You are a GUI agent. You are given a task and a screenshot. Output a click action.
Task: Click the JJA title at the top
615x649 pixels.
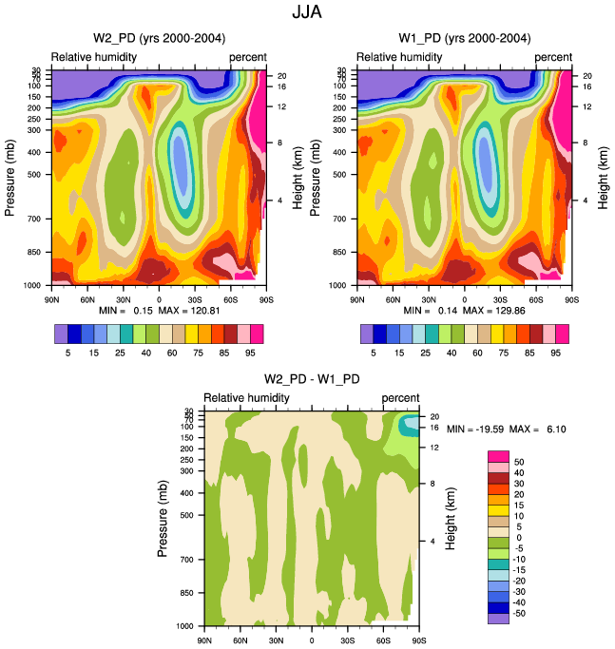(x=307, y=13)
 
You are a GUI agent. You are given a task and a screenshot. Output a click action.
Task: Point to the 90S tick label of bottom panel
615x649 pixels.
(x=419, y=639)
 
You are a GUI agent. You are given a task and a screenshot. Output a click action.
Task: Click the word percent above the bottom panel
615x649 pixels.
(x=400, y=396)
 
